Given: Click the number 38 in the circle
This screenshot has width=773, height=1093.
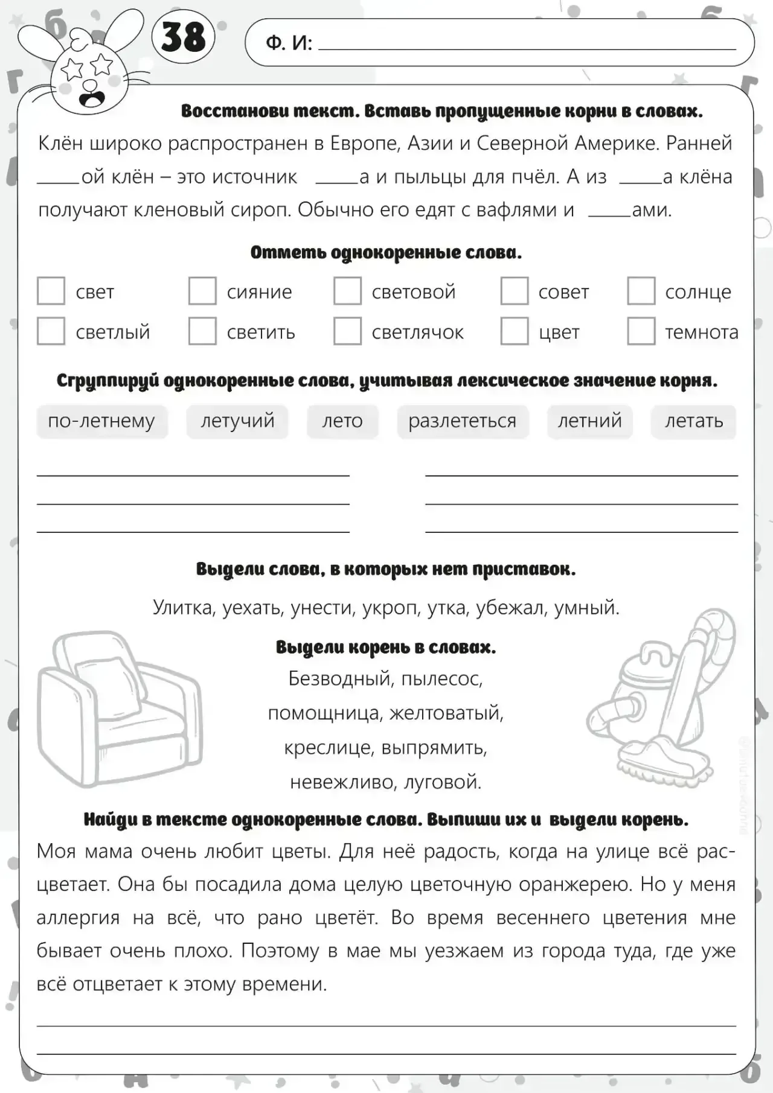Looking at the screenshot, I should tap(183, 37).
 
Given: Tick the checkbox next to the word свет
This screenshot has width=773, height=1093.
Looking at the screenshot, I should tap(51, 291).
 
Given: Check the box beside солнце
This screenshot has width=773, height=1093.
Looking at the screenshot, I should tap(641, 291).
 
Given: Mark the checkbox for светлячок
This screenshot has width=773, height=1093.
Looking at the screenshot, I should tap(347, 331).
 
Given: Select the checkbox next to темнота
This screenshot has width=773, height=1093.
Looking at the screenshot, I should tap(641, 331).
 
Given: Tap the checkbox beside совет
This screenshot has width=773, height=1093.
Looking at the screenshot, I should tap(515, 291).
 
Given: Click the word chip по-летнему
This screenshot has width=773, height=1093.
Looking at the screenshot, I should tap(101, 421).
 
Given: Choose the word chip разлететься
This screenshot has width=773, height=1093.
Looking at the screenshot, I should tap(463, 421).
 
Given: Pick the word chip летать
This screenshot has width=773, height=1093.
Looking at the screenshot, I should tap(694, 421).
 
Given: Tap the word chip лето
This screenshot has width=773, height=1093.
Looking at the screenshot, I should tap(342, 421).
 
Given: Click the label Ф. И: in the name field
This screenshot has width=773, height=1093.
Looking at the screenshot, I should tap(289, 43).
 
